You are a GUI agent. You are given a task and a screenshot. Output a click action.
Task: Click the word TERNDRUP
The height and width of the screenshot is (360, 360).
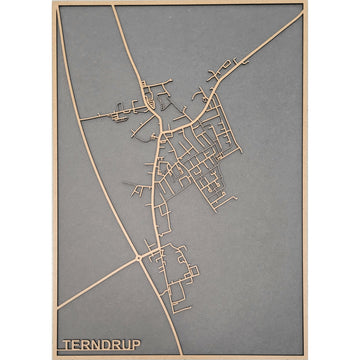pyautogui.click(x=101, y=345)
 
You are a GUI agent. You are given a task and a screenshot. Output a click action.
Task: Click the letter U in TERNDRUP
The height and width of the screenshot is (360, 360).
pyautogui.click(x=125, y=345)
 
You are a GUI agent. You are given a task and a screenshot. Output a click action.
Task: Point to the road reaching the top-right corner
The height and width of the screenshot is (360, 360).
pyautogui.click(x=299, y=12)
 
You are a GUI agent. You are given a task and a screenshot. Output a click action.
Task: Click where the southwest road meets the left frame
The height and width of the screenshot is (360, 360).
pyautogui.click(x=58, y=307)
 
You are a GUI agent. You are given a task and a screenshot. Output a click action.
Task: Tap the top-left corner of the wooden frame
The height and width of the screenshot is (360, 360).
pyautogui.click(x=54, y=3)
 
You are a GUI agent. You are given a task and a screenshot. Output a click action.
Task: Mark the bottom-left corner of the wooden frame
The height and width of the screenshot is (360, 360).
pyautogui.click(x=54, y=357)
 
